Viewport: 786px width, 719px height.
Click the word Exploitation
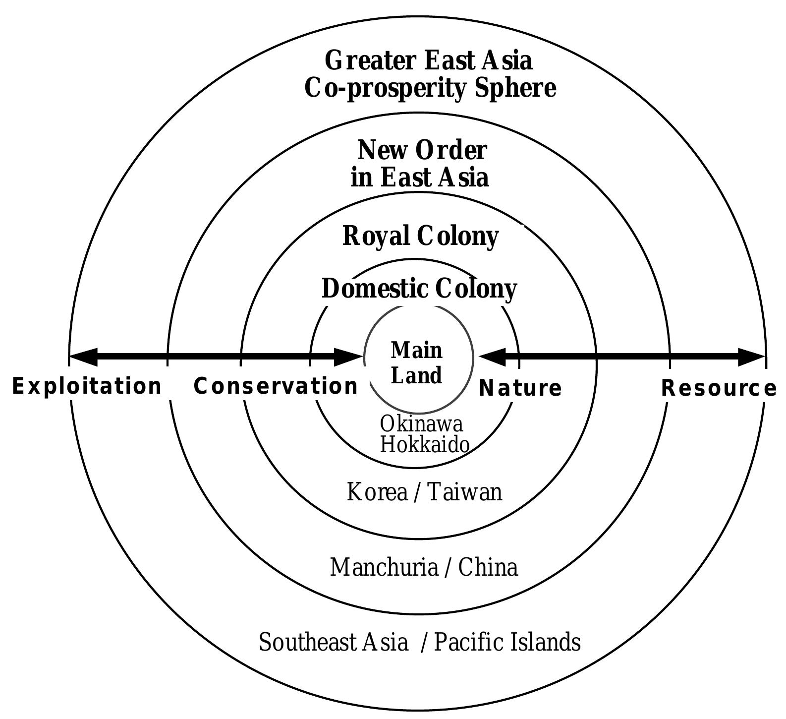pos(87,386)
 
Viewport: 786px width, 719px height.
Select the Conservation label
pos(276,386)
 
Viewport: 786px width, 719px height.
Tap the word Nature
pos(520,388)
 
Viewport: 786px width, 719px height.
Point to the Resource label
pos(719,388)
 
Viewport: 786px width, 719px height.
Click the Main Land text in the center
pos(417,363)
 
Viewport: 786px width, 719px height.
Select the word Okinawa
pos(421,424)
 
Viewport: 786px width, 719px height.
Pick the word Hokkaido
pos(425,445)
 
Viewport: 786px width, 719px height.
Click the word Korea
pos(377,492)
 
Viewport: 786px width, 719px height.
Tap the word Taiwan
pos(464,492)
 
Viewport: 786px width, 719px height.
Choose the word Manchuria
pos(384,567)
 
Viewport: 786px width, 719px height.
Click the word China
pos(488,567)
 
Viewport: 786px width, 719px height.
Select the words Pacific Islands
pos(507,642)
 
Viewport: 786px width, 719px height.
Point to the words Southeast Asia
pos(334,642)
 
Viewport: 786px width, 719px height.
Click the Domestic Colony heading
pos(419,289)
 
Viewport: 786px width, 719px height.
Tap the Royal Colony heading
pos(420,236)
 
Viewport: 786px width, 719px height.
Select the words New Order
pos(422,150)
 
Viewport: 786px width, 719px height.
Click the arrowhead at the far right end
pos(751,357)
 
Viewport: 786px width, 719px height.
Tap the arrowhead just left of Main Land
pos(348,357)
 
